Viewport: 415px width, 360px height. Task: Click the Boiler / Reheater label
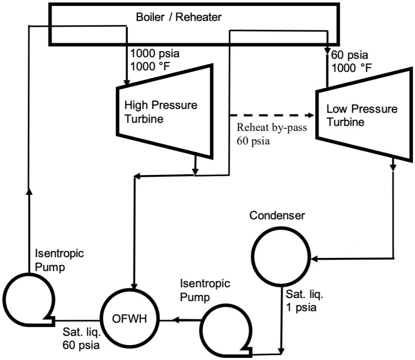[x=179, y=17]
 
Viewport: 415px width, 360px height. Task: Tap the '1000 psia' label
[x=155, y=54]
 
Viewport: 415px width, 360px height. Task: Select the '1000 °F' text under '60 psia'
[x=352, y=68]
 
